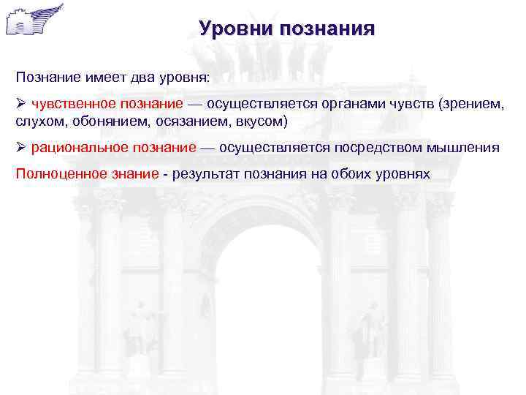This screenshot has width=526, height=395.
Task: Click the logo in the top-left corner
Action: [34, 20]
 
